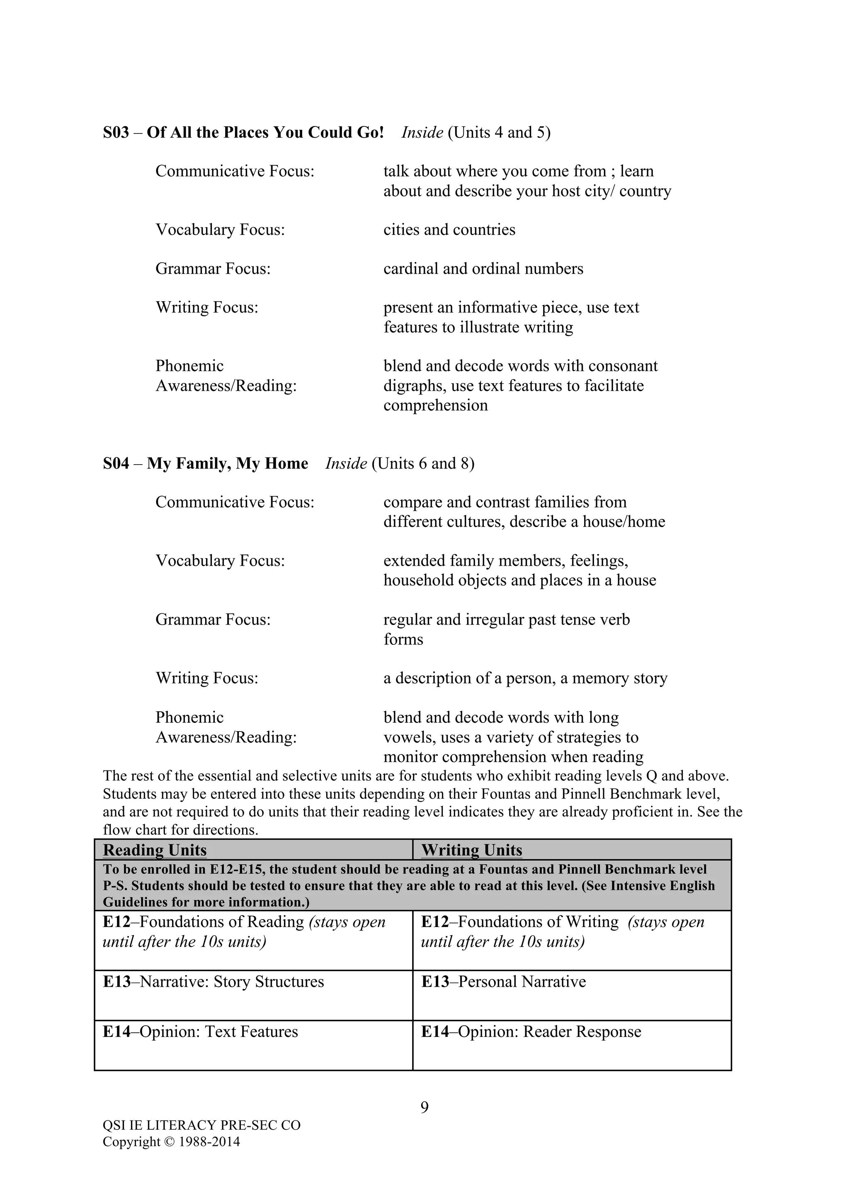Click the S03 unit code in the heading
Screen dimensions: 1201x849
tap(116, 132)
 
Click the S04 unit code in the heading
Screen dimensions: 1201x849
tap(116, 463)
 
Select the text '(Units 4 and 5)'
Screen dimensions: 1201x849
tap(499, 132)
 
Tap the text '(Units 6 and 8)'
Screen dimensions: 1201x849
tap(423, 463)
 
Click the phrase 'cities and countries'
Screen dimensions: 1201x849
tap(449, 230)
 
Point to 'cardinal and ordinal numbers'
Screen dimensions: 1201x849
tap(483, 269)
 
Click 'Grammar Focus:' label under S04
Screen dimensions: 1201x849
tap(213, 620)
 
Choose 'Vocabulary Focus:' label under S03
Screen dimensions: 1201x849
tap(220, 230)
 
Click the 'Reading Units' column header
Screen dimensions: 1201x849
tap(155, 850)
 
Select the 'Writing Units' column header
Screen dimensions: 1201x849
tap(471, 850)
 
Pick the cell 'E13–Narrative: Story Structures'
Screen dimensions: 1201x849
tap(213, 982)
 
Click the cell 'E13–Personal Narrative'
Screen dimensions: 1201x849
tap(503, 982)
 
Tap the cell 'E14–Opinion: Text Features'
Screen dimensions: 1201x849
tap(200, 1032)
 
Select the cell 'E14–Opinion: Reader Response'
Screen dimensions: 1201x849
tap(531, 1032)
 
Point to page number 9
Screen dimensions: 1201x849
tap(424, 1107)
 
